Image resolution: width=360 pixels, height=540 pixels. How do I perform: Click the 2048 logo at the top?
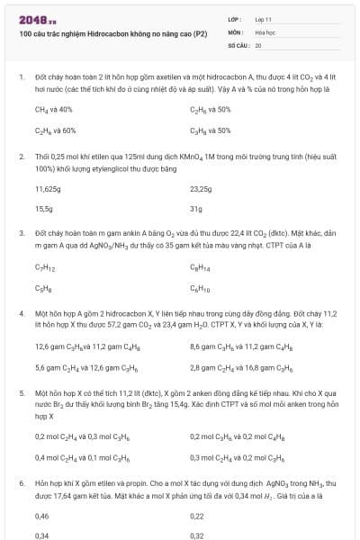(x=37, y=19)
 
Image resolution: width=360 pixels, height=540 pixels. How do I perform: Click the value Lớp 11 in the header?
(x=264, y=19)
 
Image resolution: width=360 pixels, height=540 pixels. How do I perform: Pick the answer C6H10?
(x=200, y=288)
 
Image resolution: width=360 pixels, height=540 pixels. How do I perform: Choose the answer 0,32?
(x=197, y=535)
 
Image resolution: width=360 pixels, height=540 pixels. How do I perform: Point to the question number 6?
(x=21, y=483)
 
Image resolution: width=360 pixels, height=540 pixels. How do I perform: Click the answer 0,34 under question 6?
(x=41, y=535)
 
